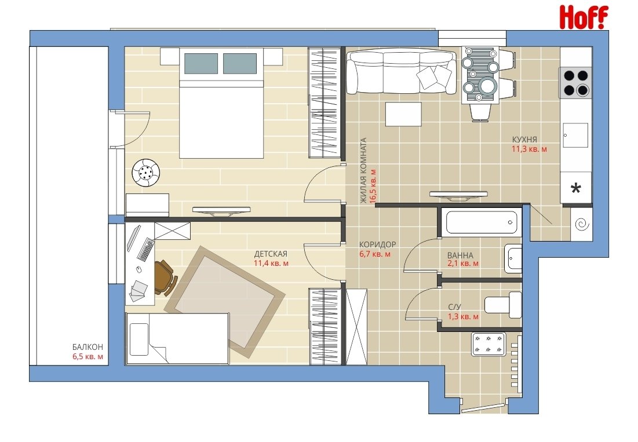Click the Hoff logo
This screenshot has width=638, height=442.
tap(584, 17)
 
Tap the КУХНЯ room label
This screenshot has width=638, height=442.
tap(524, 140)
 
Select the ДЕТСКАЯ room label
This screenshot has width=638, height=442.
tap(271, 254)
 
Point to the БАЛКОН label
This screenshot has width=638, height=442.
tap(88, 347)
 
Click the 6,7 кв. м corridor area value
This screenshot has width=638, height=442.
tap(375, 254)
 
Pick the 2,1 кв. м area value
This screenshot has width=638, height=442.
tap(463, 264)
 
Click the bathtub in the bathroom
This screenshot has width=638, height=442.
tap(481, 222)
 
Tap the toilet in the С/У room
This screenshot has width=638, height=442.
tap(503, 305)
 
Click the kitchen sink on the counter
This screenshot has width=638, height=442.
tap(575, 136)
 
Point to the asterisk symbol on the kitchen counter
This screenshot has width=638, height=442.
tap(575, 188)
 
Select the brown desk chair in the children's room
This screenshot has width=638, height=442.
tap(166, 277)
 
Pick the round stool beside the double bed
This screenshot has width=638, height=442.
tap(145, 173)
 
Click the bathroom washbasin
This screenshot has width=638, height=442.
tap(513, 258)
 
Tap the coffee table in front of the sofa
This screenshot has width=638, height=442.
tap(403, 114)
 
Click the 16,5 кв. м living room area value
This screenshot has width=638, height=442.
tap(373, 186)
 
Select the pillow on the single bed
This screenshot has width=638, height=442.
tap(139, 339)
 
